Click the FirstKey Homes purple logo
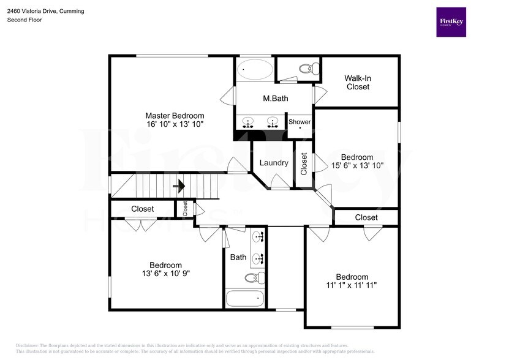click(451, 22)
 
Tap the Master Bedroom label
click(175, 116)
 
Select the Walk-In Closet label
click(358, 83)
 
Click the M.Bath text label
click(276, 99)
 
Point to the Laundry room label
click(274, 163)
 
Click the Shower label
click(300, 122)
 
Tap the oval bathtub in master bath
click(255, 69)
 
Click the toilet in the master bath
click(307, 67)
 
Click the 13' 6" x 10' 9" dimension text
click(165, 274)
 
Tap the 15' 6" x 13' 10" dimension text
click(357, 165)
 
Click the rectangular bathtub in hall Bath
click(245, 299)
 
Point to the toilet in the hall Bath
click(254, 278)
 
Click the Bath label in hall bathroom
click(238, 258)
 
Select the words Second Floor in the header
click(25, 20)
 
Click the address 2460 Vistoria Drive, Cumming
click(46, 11)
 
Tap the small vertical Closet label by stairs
click(185, 208)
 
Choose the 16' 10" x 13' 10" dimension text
click(175, 124)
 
